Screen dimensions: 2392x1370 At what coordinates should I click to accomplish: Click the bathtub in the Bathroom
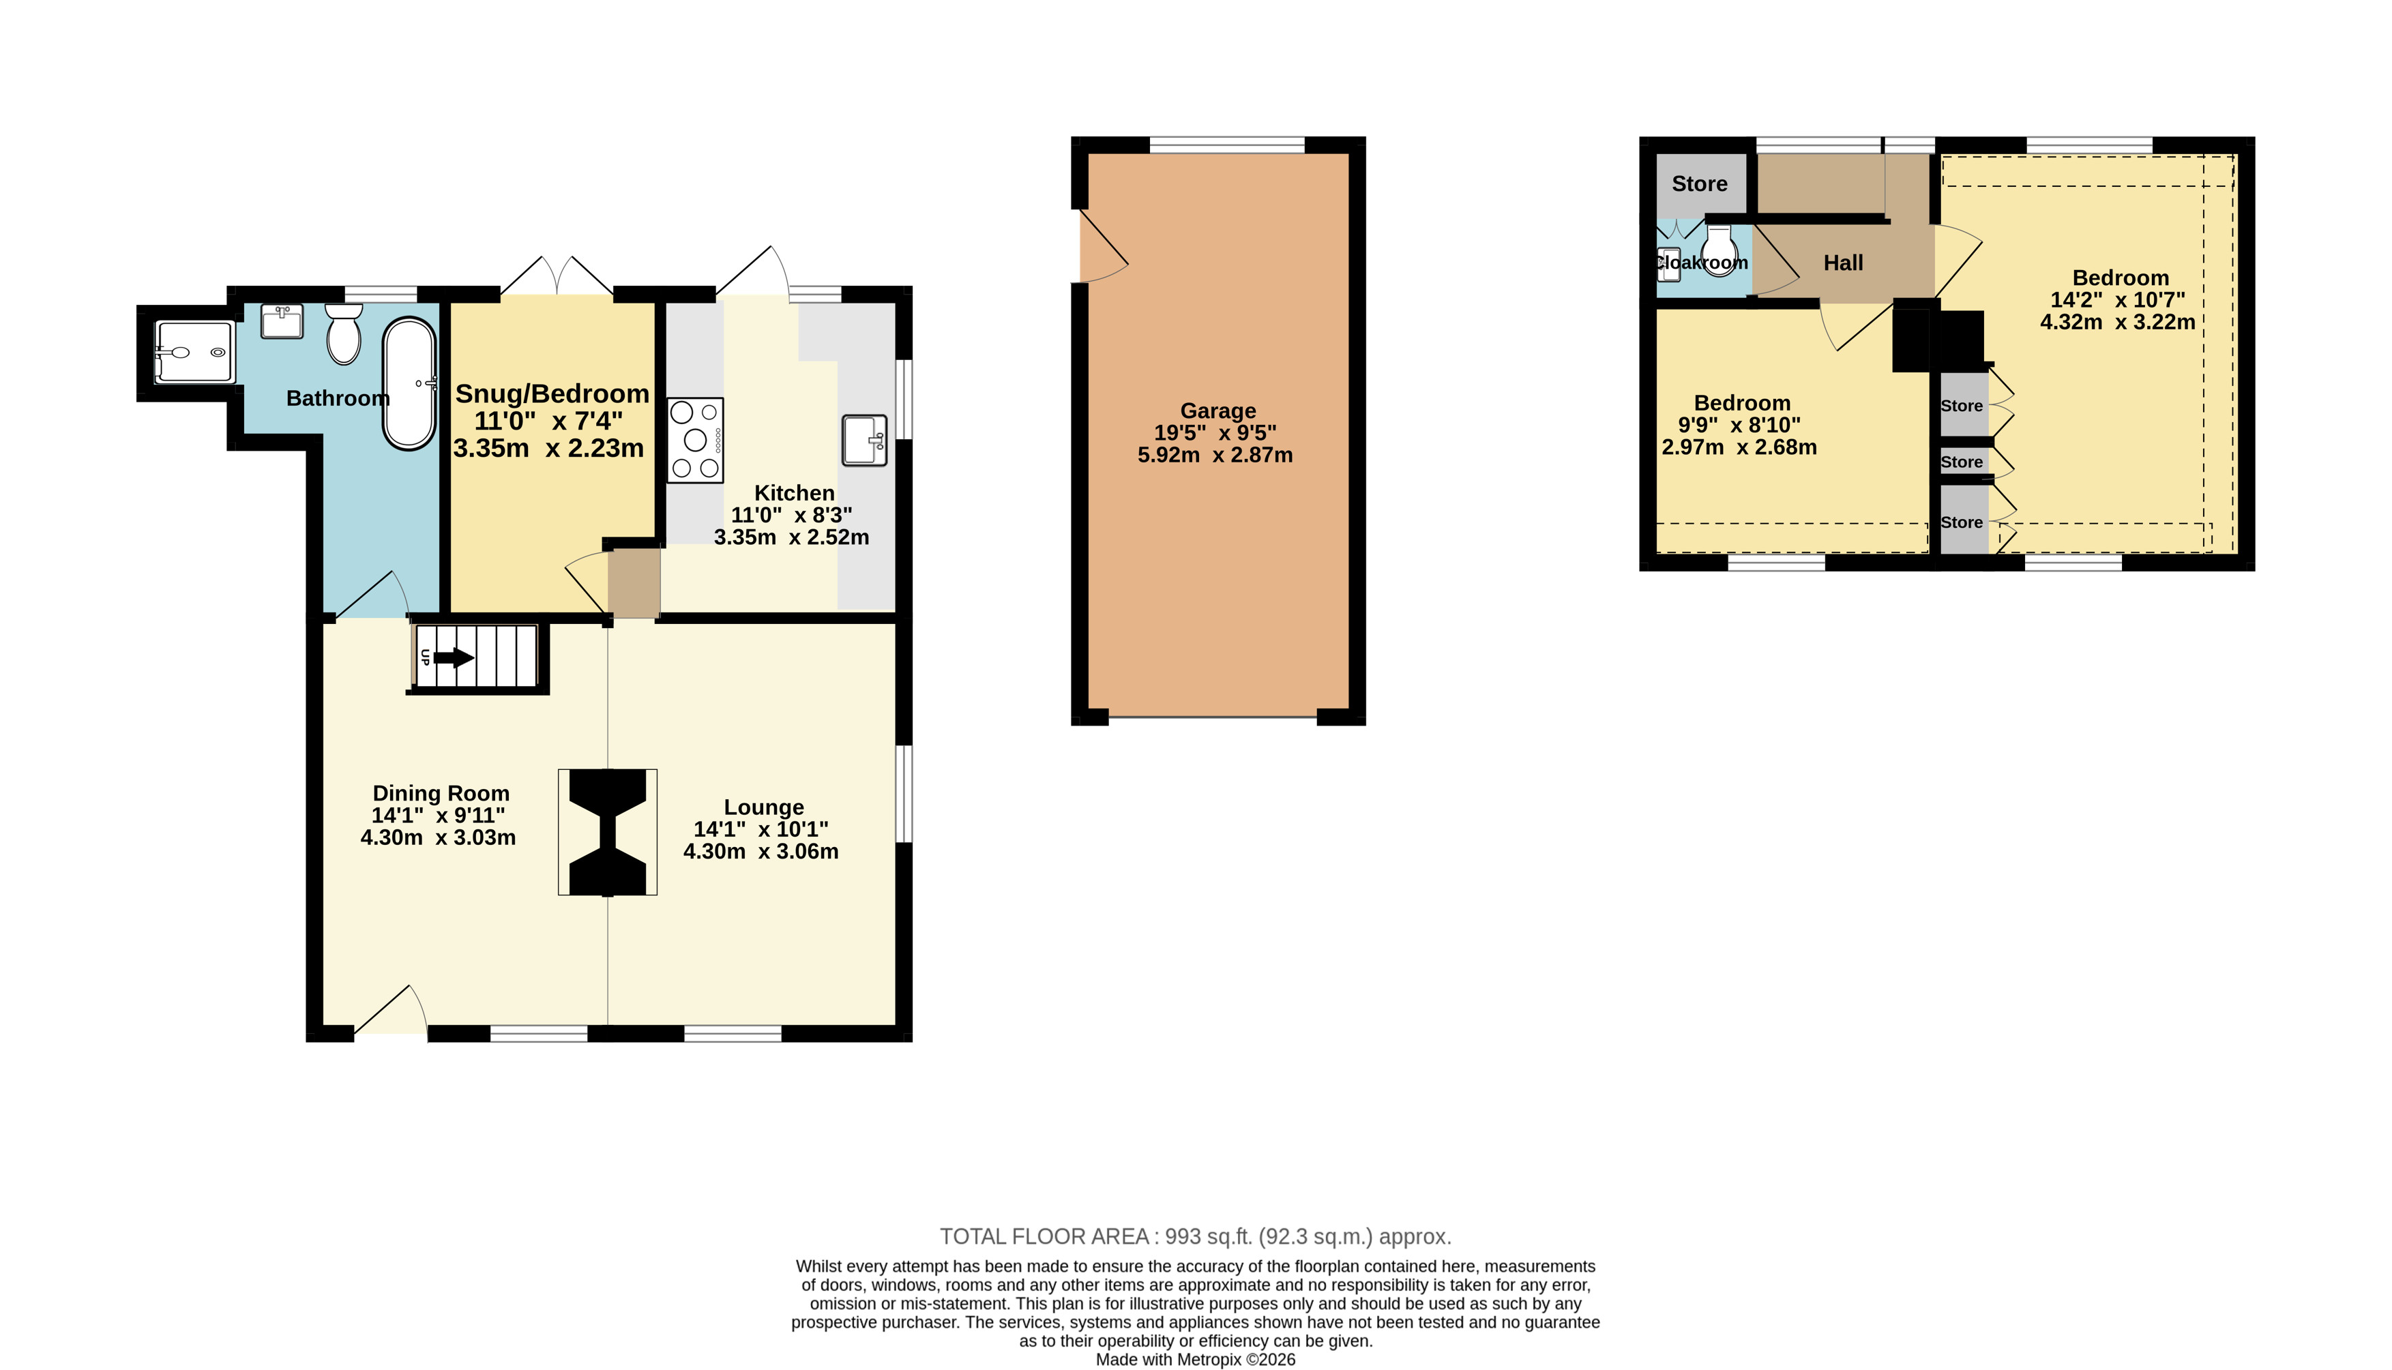pyautogui.click(x=409, y=385)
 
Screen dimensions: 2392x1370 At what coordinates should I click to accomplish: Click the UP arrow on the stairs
pyautogui.click(x=454, y=657)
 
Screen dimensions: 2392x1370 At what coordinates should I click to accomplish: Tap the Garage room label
pyautogui.click(x=1217, y=411)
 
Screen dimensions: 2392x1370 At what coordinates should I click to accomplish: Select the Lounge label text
pyautogui.click(x=764, y=807)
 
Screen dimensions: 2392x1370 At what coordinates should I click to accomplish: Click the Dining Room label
pyautogui.click(x=441, y=793)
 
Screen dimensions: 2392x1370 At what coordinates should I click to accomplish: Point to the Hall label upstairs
pyautogui.click(x=1844, y=263)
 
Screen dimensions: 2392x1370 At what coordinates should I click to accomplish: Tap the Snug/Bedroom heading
pyautogui.click(x=552, y=393)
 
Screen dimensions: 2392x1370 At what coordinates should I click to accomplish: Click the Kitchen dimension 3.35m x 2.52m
pyautogui.click(x=791, y=537)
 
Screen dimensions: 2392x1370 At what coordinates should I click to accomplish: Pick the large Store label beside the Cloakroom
pyautogui.click(x=1700, y=183)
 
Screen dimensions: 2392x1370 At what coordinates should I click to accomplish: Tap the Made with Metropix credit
pyautogui.click(x=1195, y=1360)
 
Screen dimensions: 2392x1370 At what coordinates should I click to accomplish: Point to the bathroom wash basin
pyautogui.click(x=282, y=321)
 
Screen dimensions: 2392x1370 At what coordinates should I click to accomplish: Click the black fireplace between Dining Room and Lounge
pyautogui.click(x=608, y=832)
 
